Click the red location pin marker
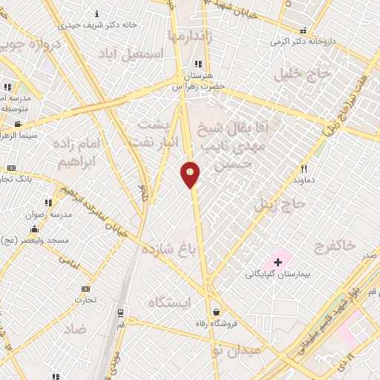click(190, 174)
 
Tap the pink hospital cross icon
click(278, 262)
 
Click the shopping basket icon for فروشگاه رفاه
click(216, 312)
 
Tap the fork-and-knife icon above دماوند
click(304, 168)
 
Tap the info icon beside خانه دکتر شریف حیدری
click(98, 13)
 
